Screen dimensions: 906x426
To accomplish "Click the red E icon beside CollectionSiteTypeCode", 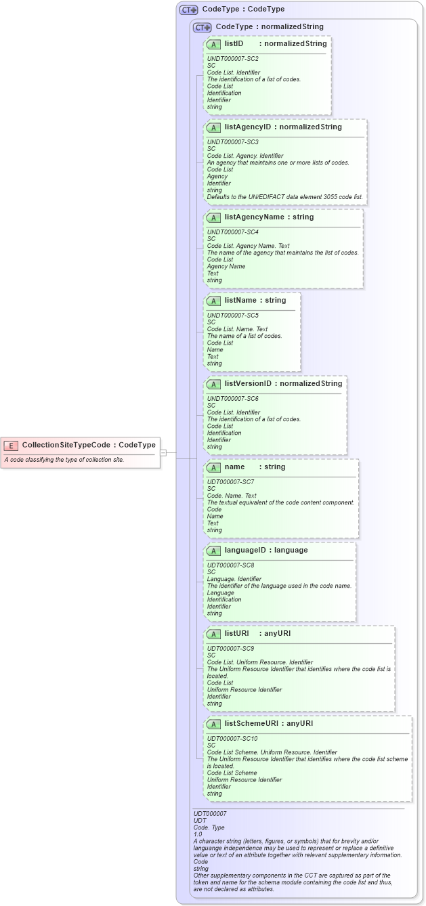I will pos(11,446).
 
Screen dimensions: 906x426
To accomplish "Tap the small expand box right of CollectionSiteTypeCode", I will pos(163,452).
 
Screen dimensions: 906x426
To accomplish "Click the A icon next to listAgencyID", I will pos(213,127).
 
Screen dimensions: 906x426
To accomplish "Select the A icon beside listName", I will pos(213,301).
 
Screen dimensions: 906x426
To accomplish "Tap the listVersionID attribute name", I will pos(248,383).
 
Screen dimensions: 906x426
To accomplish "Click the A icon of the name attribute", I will pos(213,467).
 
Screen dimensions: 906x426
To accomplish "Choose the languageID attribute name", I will pos(246,550).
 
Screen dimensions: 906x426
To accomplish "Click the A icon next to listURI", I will pos(213,634).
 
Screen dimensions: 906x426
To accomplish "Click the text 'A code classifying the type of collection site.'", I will pos(64,460).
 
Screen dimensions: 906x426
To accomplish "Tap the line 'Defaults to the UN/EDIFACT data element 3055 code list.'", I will pos(284,197).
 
